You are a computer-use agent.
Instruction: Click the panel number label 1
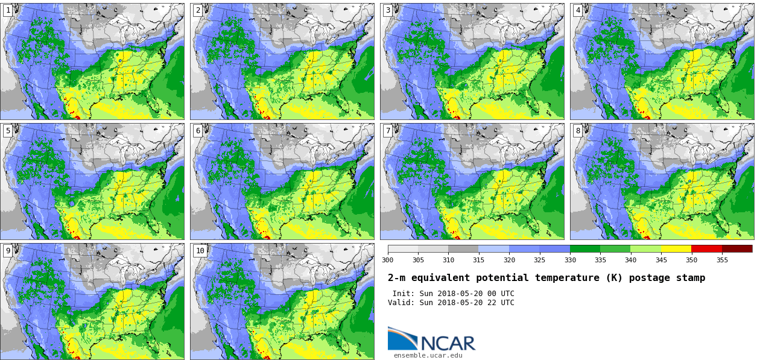(x=8, y=10)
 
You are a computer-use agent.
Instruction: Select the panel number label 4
(x=578, y=10)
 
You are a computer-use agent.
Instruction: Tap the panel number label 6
(x=198, y=131)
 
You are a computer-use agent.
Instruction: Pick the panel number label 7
(x=388, y=131)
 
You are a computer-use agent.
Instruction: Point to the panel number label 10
(x=200, y=251)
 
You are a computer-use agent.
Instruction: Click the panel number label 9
(x=8, y=251)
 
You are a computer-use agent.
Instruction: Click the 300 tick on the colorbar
(x=387, y=260)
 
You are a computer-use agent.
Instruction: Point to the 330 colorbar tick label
(x=570, y=260)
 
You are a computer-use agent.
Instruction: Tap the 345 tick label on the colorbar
(x=661, y=260)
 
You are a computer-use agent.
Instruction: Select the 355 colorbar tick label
(x=722, y=260)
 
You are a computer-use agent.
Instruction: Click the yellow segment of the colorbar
(x=676, y=248)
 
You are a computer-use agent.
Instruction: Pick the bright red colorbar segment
(x=706, y=248)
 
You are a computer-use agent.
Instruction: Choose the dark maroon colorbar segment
(x=737, y=248)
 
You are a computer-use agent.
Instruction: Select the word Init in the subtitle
(x=402, y=294)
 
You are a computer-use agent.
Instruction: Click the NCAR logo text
(x=448, y=343)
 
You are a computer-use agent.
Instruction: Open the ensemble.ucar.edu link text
(x=428, y=356)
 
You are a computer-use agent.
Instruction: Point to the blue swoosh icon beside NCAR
(x=402, y=338)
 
